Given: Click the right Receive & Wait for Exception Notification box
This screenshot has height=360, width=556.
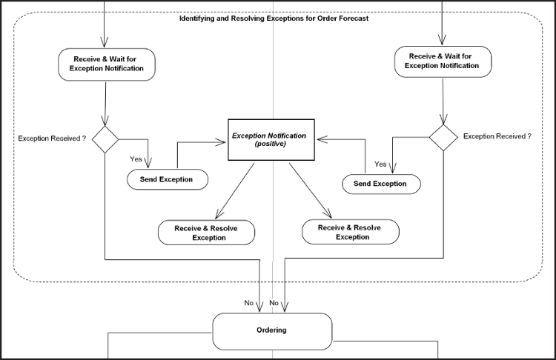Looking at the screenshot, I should point(442,61).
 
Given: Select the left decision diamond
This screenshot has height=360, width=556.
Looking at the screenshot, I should point(105,139).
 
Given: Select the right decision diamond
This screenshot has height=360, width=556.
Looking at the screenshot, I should point(443,138).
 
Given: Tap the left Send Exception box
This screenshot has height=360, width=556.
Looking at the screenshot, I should point(166,179).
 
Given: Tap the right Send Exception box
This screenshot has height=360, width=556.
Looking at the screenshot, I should point(380,184).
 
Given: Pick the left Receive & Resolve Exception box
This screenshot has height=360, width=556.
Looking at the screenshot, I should point(206,233).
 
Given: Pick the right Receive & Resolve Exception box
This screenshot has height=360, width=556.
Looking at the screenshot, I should point(350,233).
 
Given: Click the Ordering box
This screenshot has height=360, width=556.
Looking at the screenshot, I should point(272,330).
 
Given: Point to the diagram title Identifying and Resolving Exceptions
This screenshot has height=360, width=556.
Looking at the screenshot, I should point(274,19).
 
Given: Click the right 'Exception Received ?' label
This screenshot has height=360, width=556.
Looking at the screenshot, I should point(497,136).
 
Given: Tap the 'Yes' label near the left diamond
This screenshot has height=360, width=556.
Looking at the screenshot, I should point(136,159).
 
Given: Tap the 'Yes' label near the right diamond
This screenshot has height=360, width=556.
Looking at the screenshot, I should point(380,164).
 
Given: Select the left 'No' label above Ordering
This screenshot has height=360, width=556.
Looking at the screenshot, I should point(250,303).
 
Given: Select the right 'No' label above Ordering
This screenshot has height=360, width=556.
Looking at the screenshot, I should point(274,303).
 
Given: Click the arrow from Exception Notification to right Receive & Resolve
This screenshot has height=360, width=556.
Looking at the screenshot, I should point(309,190).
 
